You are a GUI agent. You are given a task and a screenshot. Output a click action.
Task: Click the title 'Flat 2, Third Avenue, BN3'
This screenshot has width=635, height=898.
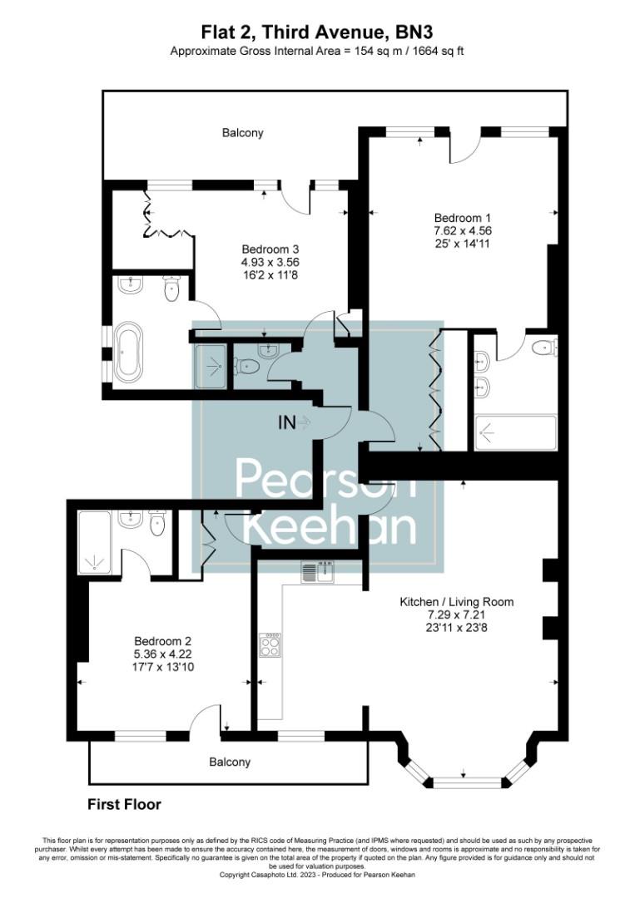point(317,32)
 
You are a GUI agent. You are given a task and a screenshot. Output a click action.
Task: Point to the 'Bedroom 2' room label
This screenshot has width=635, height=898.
point(163,641)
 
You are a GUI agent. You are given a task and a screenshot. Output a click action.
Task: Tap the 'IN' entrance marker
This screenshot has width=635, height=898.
point(287,422)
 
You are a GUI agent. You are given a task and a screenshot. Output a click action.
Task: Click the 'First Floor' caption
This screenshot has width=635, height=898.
point(124,805)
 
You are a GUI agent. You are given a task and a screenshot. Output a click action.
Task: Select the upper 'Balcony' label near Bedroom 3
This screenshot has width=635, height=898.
point(243,132)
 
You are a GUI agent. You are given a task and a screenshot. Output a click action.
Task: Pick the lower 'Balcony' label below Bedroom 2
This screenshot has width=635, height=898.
point(230,762)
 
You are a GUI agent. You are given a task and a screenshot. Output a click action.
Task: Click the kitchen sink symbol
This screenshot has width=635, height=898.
point(316,571)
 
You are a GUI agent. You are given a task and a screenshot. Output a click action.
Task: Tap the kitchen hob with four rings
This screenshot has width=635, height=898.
point(270,644)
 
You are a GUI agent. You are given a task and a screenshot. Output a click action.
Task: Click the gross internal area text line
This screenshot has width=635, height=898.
point(317,52)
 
